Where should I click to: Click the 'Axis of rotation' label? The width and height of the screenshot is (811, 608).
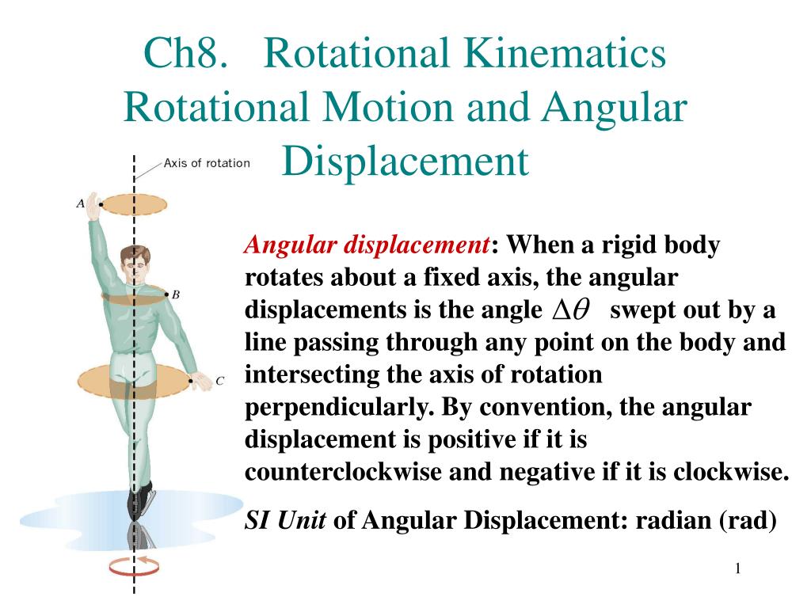click(x=207, y=164)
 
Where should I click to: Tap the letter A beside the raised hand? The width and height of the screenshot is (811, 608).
click(x=81, y=203)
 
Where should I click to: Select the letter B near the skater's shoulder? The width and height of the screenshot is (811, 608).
click(x=176, y=294)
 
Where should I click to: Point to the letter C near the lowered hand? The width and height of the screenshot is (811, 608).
click(x=220, y=381)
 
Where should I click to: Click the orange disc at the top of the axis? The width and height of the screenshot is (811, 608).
click(x=134, y=204)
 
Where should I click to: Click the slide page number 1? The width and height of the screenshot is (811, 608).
click(x=737, y=568)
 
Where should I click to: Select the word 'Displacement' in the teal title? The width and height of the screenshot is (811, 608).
click(x=405, y=161)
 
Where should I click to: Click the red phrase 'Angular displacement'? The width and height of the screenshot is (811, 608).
click(x=367, y=245)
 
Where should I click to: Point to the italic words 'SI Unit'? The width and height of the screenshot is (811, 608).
click(x=285, y=520)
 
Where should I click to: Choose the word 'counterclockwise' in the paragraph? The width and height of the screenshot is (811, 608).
click(x=345, y=472)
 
